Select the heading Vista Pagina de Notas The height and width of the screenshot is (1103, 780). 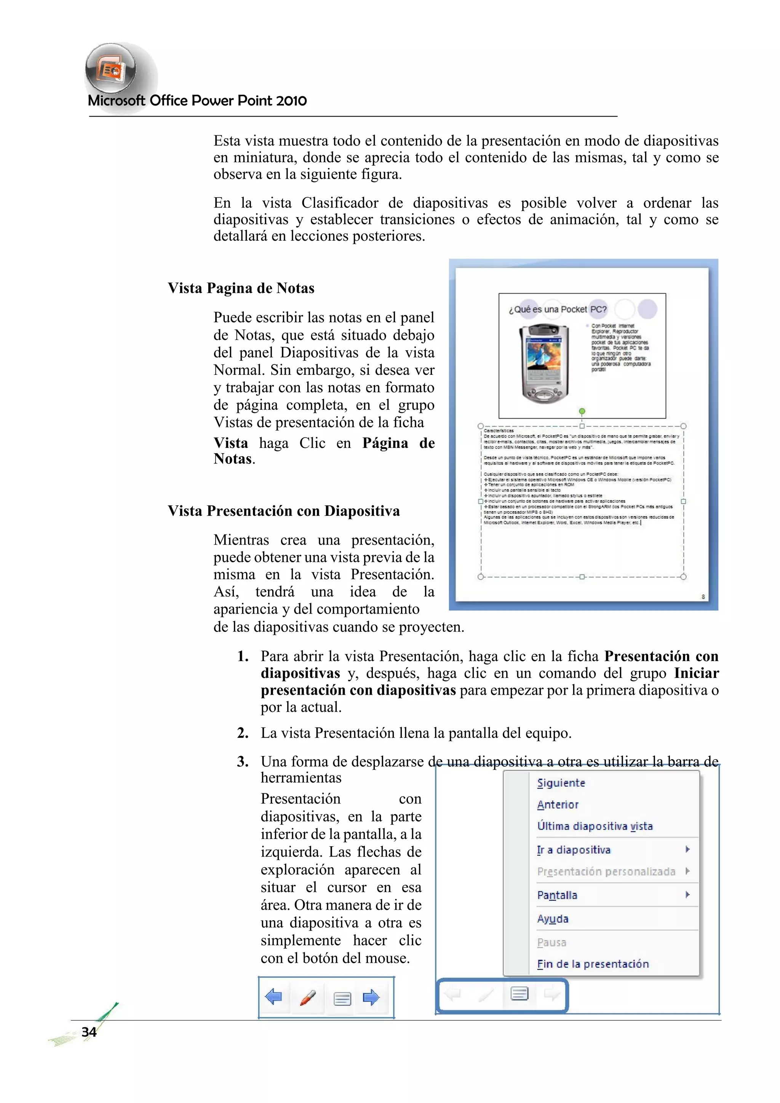[x=241, y=288]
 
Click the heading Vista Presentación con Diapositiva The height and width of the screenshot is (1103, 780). [x=283, y=511]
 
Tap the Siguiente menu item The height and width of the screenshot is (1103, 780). [x=561, y=783]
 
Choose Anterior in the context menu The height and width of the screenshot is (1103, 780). [x=558, y=805]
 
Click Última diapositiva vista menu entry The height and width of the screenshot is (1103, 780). [x=595, y=826]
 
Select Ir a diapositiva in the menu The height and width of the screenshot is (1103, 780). [x=574, y=850]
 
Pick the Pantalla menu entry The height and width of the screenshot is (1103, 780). [x=557, y=895]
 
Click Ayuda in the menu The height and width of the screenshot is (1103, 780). [x=553, y=919]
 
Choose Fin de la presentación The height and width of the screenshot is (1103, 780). [x=593, y=964]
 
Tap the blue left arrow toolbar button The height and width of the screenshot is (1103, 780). [x=274, y=997]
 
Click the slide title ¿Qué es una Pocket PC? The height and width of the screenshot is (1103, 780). [x=558, y=309]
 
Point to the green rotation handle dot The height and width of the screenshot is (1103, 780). [x=582, y=411]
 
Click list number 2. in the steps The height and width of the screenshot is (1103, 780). [x=243, y=733]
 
